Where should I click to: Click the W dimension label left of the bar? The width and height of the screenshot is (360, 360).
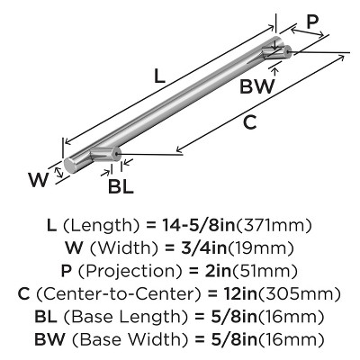pyautogui.click(x=36, y=178)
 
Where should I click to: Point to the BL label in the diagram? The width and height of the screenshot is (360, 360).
pyautogui.click(x=121, y=186)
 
